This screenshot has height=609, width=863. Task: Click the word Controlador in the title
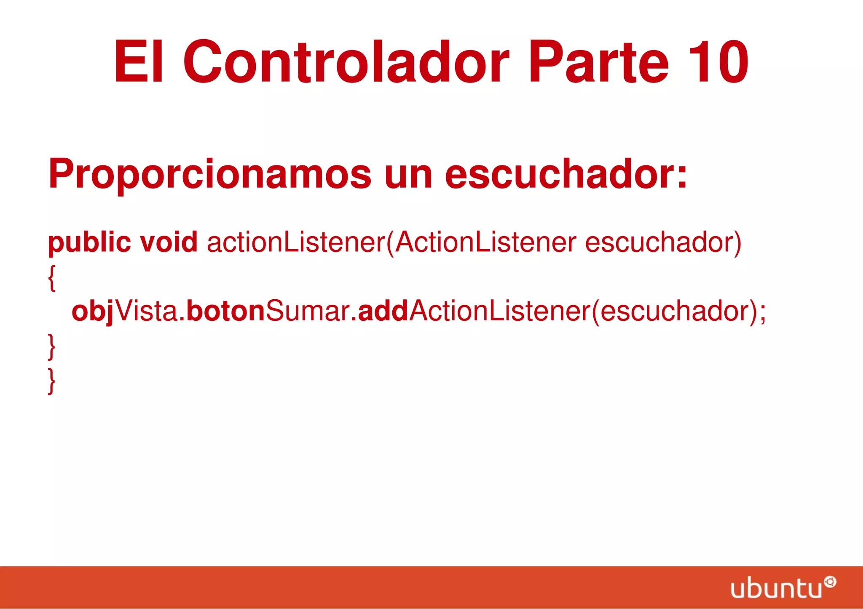[346, 62]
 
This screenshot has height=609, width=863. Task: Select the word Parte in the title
[598, 62]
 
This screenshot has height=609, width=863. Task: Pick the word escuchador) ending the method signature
[663, 242]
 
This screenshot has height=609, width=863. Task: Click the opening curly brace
[51, 278]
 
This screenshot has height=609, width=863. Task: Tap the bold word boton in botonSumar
[225, 311]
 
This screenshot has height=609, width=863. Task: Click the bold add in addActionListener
[383, 311]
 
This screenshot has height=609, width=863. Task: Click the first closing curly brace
[51, 346]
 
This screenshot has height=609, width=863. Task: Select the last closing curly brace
[51, 380]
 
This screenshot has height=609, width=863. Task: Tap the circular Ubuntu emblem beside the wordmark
[830, 582]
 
